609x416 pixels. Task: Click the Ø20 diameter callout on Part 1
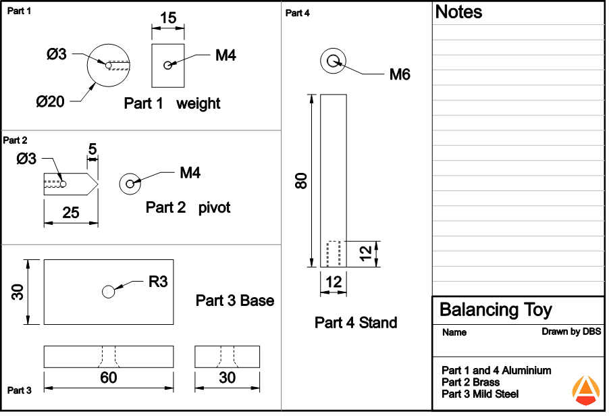51,102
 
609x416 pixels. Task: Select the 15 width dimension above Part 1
168,18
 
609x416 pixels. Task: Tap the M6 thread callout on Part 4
400,74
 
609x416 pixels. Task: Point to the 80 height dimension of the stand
301,180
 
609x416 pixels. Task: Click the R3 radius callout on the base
158,282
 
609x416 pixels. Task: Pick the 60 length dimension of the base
109,378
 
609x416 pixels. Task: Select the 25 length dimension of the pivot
71,213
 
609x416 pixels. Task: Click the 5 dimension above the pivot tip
92,148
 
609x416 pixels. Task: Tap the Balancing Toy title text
496,310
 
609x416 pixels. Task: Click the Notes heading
458,11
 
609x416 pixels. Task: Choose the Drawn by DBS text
571,332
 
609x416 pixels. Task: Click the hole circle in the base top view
108,292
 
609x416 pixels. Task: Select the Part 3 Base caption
235,300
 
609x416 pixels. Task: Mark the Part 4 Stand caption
356,323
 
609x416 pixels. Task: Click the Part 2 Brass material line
471,382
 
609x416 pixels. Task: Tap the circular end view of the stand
333,61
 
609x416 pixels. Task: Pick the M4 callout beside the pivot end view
190,174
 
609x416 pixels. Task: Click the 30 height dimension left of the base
18,292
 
